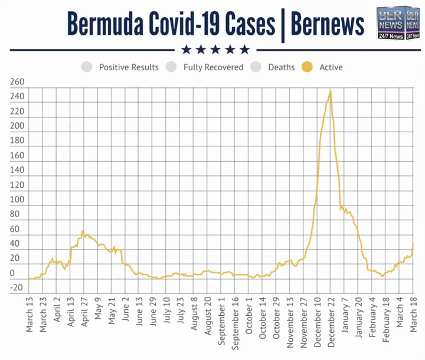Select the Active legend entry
(x=331, y=67)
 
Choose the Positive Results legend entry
(x=129, y=67)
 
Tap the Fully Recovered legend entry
(x=213, y=67)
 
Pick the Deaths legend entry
(x=281, y=67)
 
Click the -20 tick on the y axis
(x=16, y=288)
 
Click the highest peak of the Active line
(x=331, y=91)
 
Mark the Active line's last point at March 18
(x=413, y=244)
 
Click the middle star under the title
(x=215, y=50)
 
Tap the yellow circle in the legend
(x=307, y=67)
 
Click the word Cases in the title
(x=240, y=25)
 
